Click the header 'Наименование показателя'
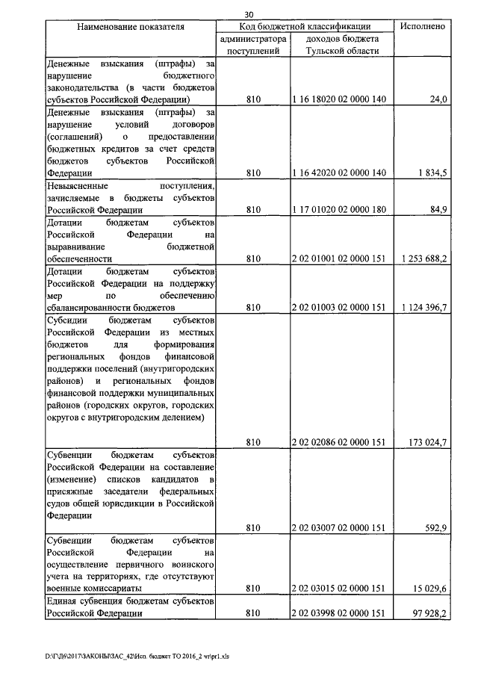coord(131,27)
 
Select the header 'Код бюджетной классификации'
coord(303,26)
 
